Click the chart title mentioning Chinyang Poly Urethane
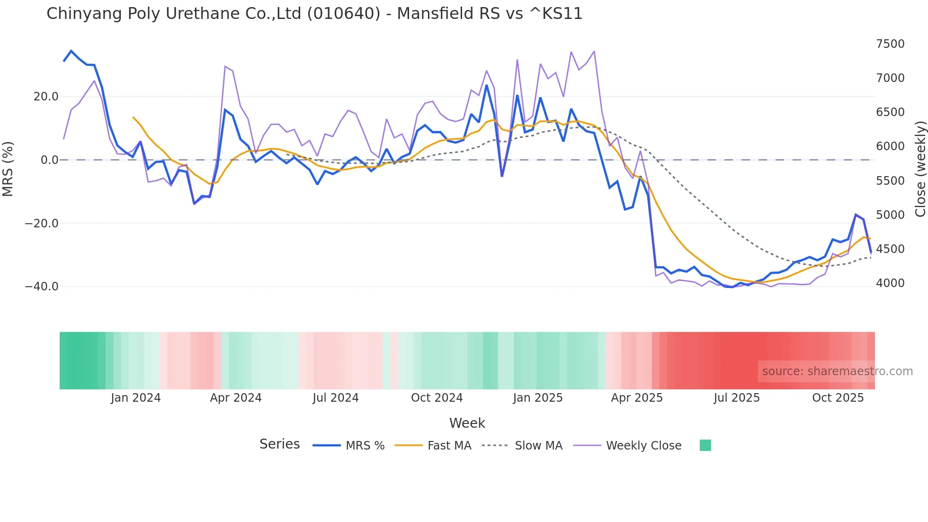[x=314, y=14]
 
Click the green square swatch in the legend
[x=705, y=445]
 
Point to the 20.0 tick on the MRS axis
[x=46, y=97]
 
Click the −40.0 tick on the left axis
[x=42, y=287]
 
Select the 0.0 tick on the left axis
[x=49, y=160]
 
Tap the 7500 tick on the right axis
[x=890, y=44]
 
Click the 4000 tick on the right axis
[x=890, y=283]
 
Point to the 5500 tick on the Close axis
[x=890, y=181]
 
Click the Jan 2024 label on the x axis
[x=136, y=398]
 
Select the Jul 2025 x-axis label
[x=737, y=398]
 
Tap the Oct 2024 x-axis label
[x=437, y=398]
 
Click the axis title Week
[x=467, y=423]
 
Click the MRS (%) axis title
[x=8, y=169]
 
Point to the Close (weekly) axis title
[x=920, y=169]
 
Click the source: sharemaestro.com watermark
[x=837, y=371]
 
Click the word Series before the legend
[x=279, y=444]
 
